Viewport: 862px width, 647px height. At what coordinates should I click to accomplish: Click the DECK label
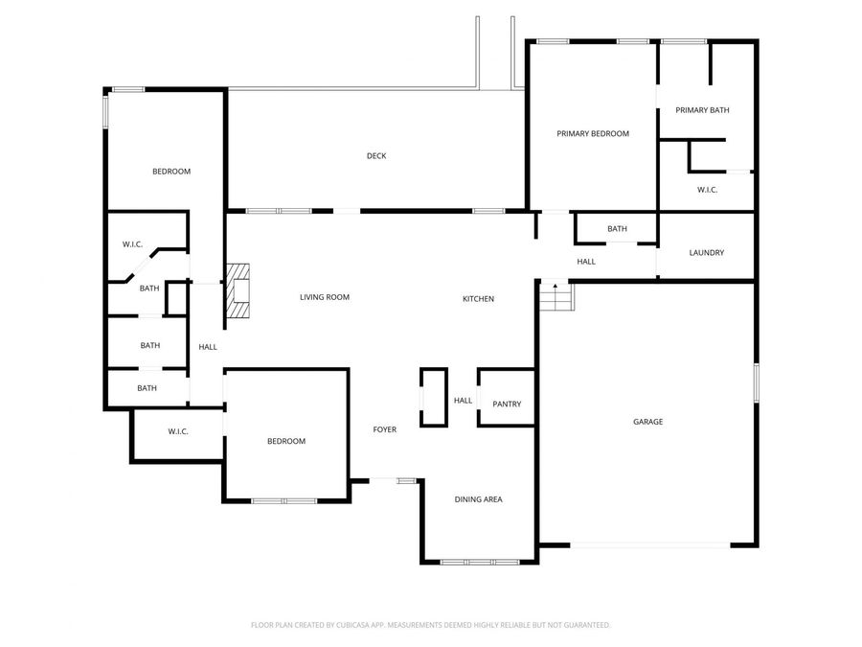tap(376, 156)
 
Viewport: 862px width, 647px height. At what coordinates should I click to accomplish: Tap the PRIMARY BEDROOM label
tap(593, 134)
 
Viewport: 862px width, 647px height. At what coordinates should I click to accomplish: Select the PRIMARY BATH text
tap(702, 110)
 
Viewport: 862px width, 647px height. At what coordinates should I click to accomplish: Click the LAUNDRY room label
tap(707, 253)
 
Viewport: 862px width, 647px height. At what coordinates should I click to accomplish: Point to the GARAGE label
tap(647, 422)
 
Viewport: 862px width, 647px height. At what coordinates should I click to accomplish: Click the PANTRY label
tap(507, 404)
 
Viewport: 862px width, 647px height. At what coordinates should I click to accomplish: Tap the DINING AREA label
tap(478, 499)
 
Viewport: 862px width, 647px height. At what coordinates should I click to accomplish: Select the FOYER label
tap(384, 429)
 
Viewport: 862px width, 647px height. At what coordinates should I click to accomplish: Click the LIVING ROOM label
tap(325, 298)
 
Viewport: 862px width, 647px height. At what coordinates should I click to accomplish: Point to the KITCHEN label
tap(478, 299)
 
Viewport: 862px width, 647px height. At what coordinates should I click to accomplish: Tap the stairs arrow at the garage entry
tap(554, 287)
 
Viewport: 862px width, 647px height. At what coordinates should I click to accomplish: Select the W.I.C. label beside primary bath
tap(707, 190)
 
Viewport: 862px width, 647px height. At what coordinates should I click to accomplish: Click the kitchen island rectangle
tap(433, 397)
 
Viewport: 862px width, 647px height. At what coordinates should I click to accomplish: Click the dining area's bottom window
tap(478, 561)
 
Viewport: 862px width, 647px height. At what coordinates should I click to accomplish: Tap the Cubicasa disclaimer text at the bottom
tap(430, 625)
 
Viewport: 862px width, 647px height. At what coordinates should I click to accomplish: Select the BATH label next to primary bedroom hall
tap(617, 229)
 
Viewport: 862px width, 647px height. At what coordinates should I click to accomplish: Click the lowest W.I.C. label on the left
tap(178, 431)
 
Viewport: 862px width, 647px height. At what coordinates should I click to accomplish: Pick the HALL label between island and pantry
tap(463, 401)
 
